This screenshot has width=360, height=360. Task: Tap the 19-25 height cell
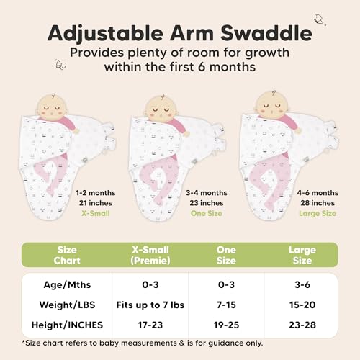point(227,325)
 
